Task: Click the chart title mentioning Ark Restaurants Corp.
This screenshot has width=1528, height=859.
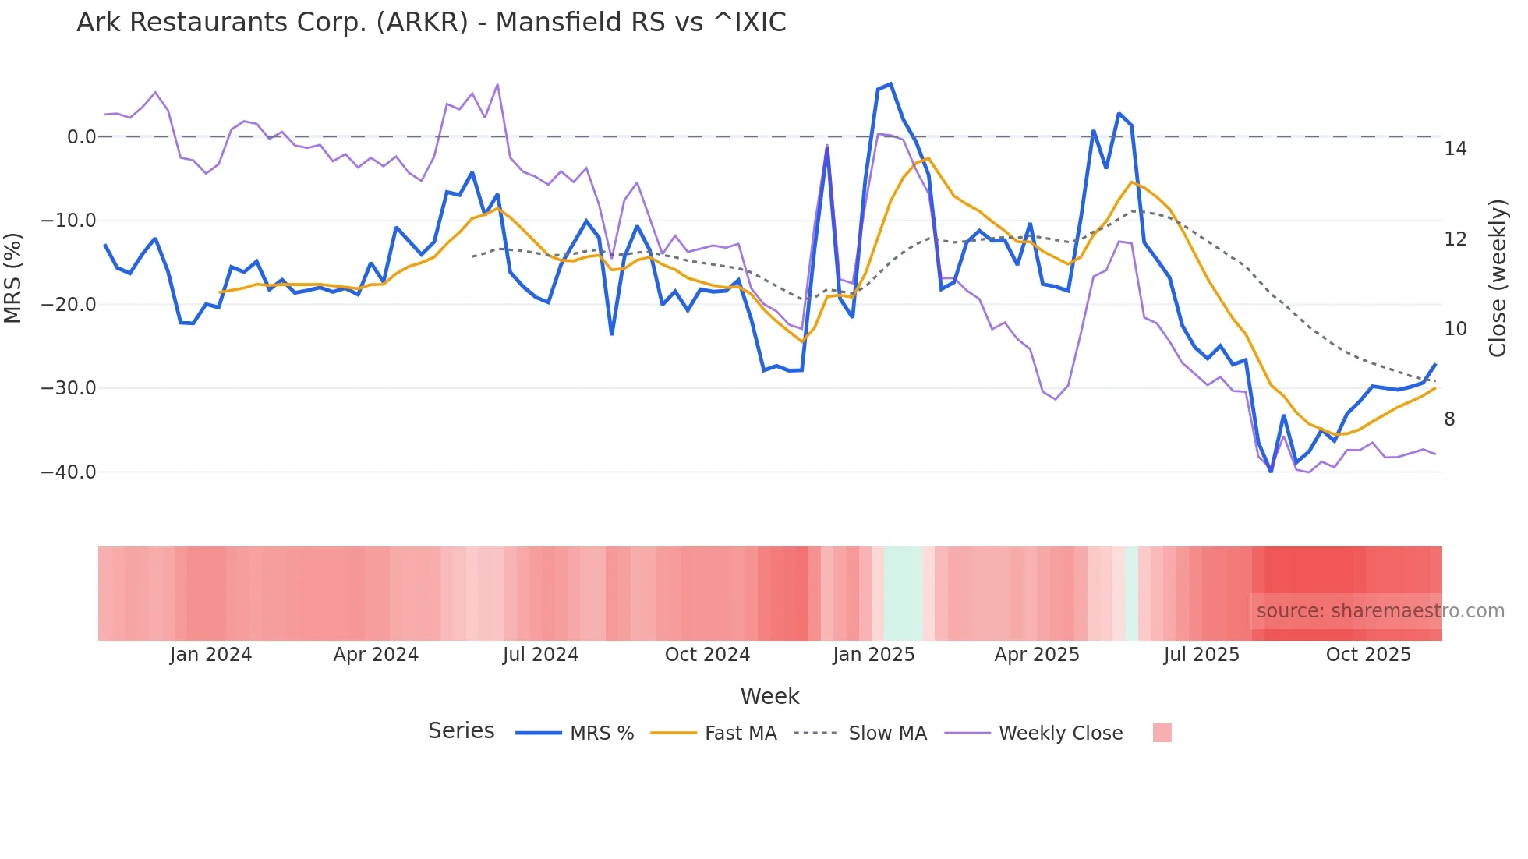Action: pyautogui.click(x=431, y=23)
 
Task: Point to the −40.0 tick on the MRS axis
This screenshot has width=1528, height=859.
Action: pyautogui.click(x=69, y=472)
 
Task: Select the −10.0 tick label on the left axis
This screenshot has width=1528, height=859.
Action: pyautogui.click(x=69, y=221)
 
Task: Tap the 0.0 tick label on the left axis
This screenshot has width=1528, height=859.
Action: pyautogui.click(x=81, y=137)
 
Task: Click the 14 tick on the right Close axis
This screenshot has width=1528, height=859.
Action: pyautogui.click(x=1455, y=149)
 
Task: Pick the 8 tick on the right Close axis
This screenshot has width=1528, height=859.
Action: pyautogui.click(x=1449, y=419)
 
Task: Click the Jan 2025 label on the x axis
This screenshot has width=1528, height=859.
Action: pyautogui.click(x=873, y=655)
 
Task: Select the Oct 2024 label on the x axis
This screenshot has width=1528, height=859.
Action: pyautogui.click(x=707, y=655)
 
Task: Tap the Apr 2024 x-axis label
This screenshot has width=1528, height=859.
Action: pyautogui.click(x=376, y=655)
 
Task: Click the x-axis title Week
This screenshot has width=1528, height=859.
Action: pyautogui.click(x=769, y=696)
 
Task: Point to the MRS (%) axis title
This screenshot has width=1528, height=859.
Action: pyautogui.click(x=13, y=277)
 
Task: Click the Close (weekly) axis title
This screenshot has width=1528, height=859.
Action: pyautogui.click(x=1498, y=277)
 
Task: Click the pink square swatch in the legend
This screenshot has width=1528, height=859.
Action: pyautogui.click(x=1162, y=733)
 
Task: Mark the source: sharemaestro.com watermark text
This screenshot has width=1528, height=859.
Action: pyautogui.click(x=1380, y=611)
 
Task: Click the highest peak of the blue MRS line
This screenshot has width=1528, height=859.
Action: pyautogui.click(x=890, y=84)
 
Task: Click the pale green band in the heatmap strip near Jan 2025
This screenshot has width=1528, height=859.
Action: pyautogui.click(x=904, y=593)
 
